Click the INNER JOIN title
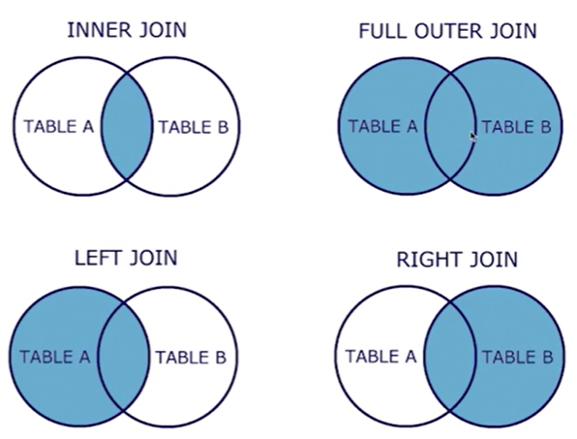[x=127, y=30]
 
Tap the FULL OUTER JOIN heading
[x=448, y=31]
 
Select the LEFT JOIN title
[x=126, y=258]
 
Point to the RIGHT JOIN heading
[x=457, y=260]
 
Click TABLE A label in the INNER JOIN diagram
[x=59, y=127]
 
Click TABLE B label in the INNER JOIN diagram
[x=194, y=127]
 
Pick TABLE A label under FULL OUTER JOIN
[x=383, y=126]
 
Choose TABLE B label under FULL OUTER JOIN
[x=517, y=127]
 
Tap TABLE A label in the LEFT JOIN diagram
[x=55, y=357]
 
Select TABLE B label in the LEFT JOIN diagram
[x=191, y=358]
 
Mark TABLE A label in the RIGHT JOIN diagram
[x=380, y=356]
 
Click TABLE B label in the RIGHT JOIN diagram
[x=518, y=357]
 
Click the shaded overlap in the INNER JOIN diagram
[x=127, y=127]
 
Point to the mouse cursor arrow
[x=473, y=137]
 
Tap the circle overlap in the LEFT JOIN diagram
[x=124, y=357]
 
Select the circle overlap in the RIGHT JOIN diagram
[x=449, y=356]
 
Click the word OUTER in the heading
[x=448, y=31]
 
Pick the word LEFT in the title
[x=98, y=258]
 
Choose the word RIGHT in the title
[x=428, y=260]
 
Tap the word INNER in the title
[x=99, y=30]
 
